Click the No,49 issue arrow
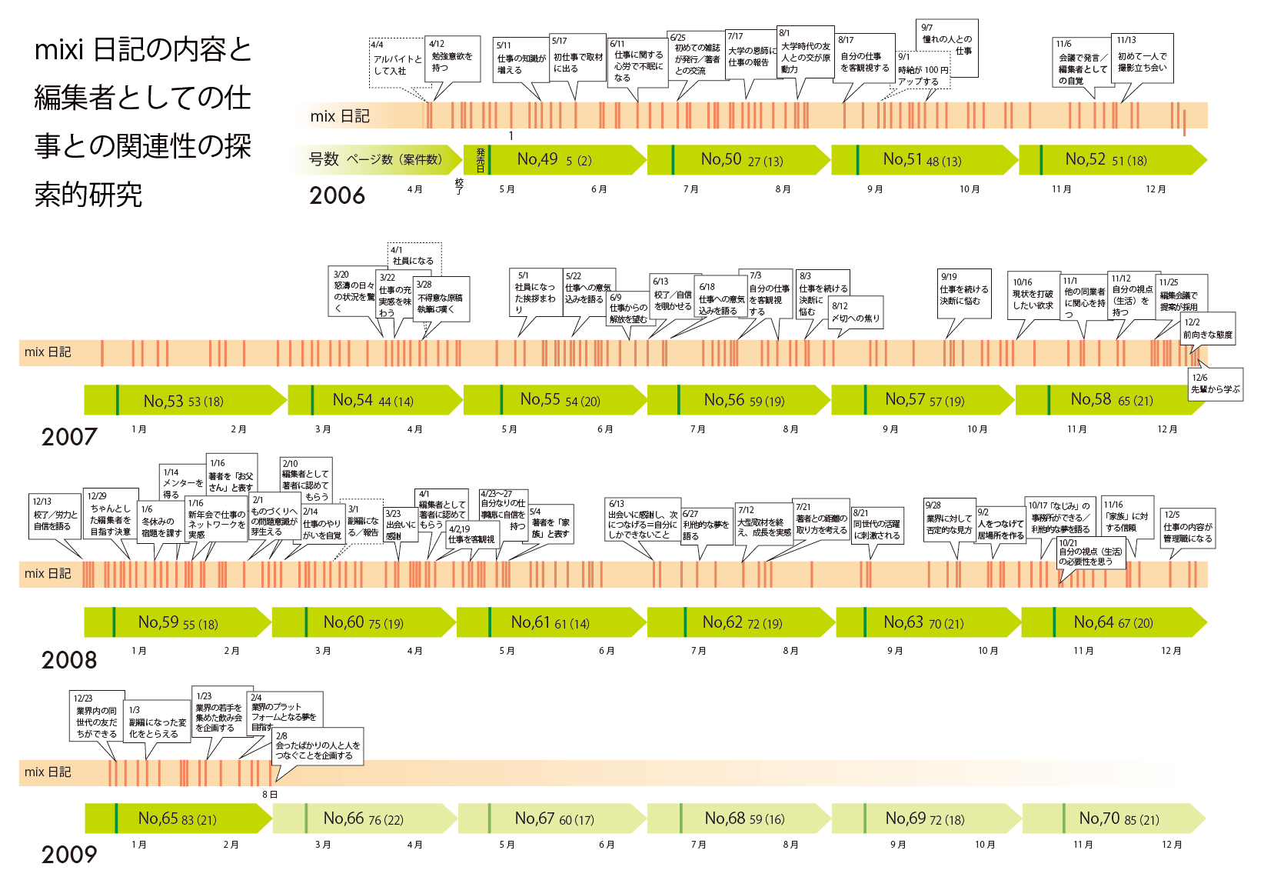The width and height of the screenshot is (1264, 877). pos(554,160)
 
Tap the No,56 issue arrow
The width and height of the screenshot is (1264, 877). pos(738,400)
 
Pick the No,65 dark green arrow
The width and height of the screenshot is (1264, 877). pos(178,819)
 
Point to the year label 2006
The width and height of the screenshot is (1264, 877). pos(337,195)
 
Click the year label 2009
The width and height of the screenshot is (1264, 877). pos(69,854)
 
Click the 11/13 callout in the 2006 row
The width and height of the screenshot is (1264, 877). pos(1142,57)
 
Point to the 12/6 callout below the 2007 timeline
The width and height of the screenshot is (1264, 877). pos(1215,383)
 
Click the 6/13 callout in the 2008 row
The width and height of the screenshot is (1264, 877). pos(643,519)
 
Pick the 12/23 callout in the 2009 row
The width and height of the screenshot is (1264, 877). pos(96,716)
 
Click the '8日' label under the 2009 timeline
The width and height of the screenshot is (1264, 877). pos(269,795)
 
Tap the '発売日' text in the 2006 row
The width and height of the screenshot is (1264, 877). pos(481,160)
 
